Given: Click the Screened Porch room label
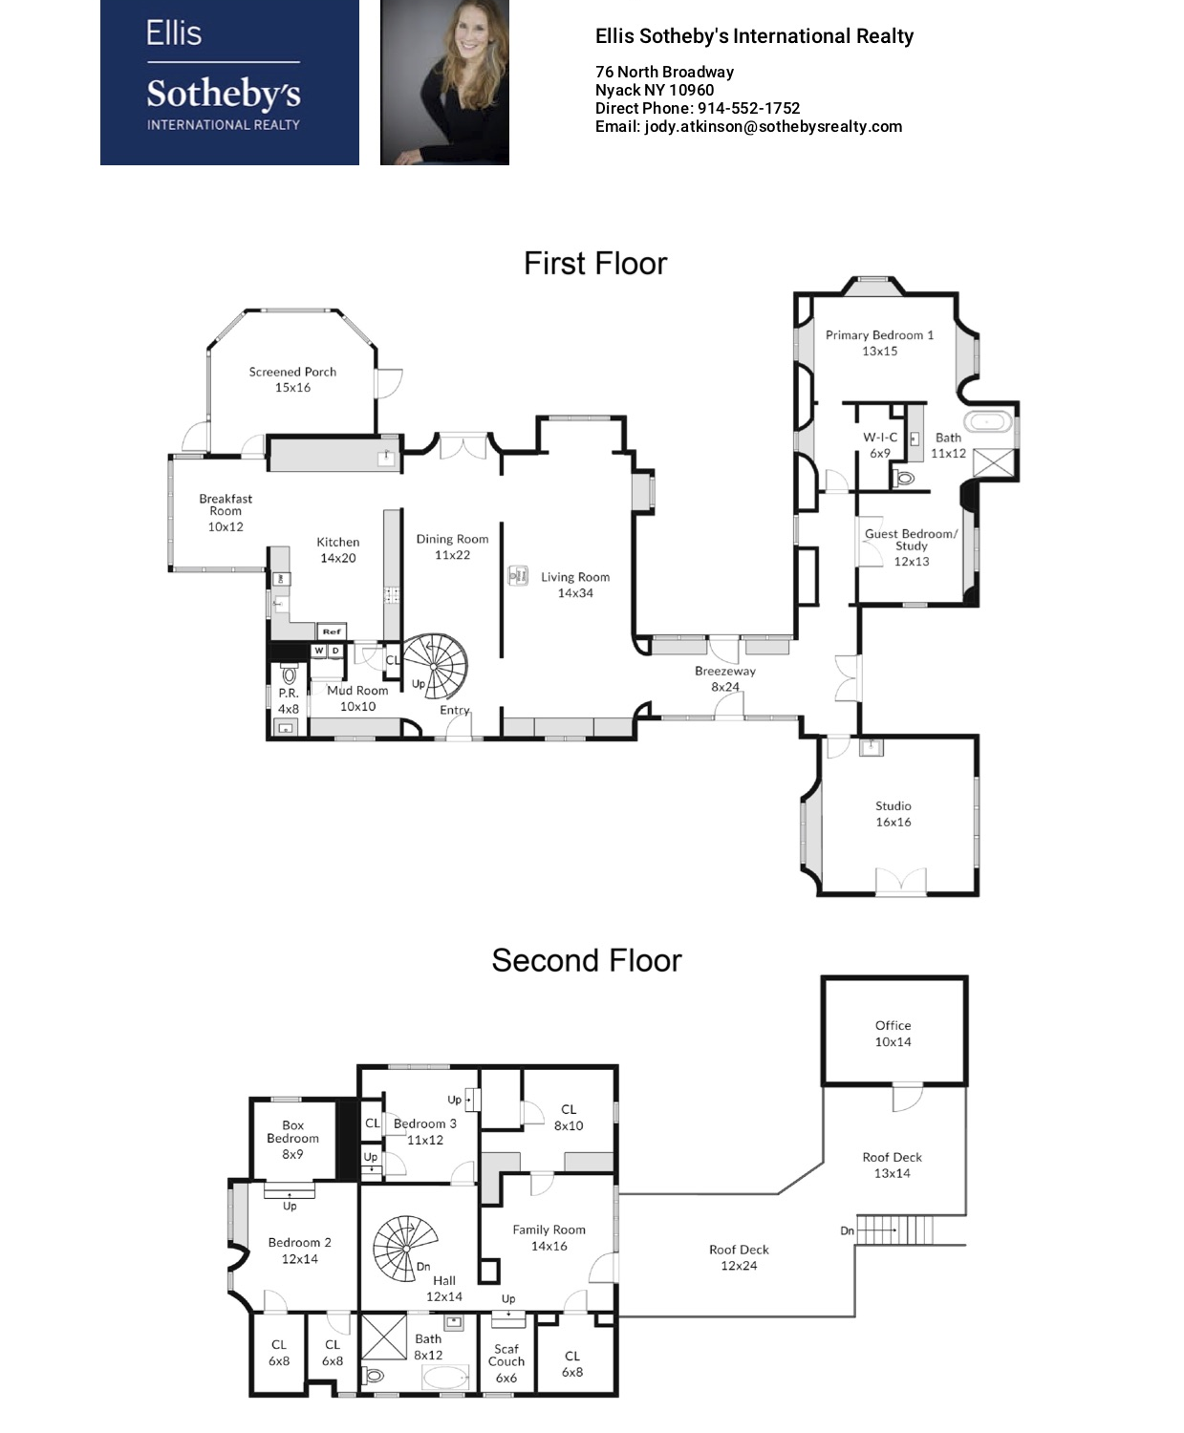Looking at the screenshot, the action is pyautogui.click(x=292, y=379).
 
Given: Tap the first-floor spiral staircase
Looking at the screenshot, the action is pyautogui.click(x=435, y=665).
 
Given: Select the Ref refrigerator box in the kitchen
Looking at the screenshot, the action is pyautogui.click(x=332, y=631).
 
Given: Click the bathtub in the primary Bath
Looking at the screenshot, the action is pyautogui.click(x=988, y=421).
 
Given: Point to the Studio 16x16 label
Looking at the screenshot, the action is pyautogui.click(x=893, y=813).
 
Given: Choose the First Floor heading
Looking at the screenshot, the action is pyautogui.click(x=595, y=264).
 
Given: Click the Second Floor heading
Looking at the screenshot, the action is pyautogui.click(x=587, y=960).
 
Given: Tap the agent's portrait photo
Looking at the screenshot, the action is pyautogui.click(x=444, y=82).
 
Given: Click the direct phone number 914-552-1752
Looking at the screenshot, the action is pyautogui.click(x=749, y=109).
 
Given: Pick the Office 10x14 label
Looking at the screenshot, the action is pyautogui.click(x=893, y=1033).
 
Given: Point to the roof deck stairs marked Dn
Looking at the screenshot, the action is pyautogui.click(x=895, y=1230).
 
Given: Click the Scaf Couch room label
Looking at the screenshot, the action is pyautogui.click(x=506, y=1363).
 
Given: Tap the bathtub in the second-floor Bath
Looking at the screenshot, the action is pyautogui.click(x=444, y=1376).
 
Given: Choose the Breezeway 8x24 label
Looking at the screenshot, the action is pyautogui.click(x=724, y=678).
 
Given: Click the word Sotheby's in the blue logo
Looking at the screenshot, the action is pyautogui.click(x=224, y=94).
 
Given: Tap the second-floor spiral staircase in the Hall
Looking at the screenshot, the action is pyautogui.click(x=405, y=1249).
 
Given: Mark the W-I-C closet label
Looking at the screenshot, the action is pyautogui.click(x=880, y=445).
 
